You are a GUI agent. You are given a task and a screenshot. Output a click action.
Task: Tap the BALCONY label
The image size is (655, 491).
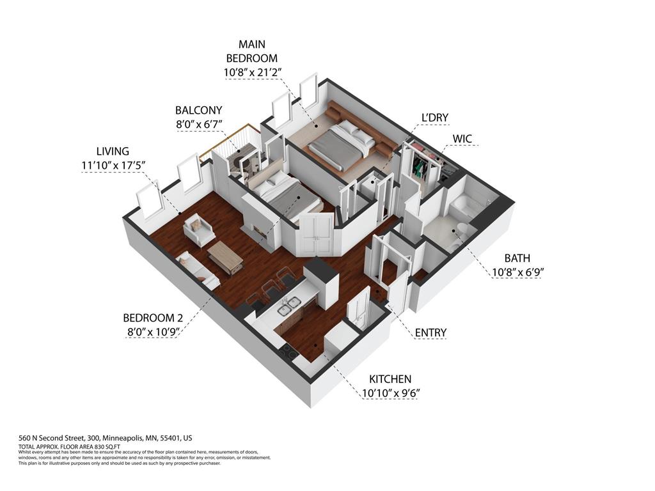[x=199, y=111]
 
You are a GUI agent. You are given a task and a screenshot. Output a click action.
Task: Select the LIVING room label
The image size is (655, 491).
[x=113, y=152]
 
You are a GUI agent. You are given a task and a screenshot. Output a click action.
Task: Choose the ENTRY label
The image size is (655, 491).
[x=430, y=332]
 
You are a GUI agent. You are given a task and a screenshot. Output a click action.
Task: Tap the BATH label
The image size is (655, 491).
[x=517, y=258]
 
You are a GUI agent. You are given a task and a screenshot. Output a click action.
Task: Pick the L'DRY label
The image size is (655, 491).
[x=434, y=118]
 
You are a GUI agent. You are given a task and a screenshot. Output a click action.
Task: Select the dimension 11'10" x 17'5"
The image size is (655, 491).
[x=113, y=165]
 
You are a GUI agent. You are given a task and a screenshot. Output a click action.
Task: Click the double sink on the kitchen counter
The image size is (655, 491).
[x=289, y=306]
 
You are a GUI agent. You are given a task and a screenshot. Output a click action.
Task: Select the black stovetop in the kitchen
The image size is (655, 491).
[x=287, y=350]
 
